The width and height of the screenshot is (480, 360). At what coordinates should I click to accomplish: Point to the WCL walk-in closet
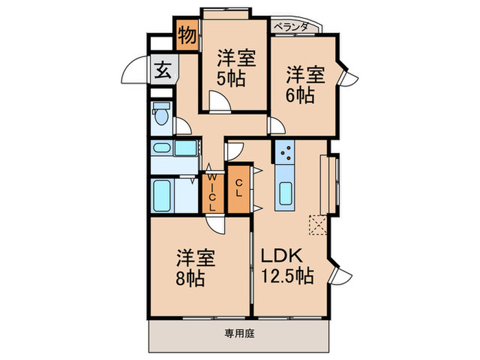(212, 193)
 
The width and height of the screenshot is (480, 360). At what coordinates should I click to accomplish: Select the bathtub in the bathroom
(163, 195)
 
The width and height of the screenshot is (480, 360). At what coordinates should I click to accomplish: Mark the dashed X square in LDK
(319, 225)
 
